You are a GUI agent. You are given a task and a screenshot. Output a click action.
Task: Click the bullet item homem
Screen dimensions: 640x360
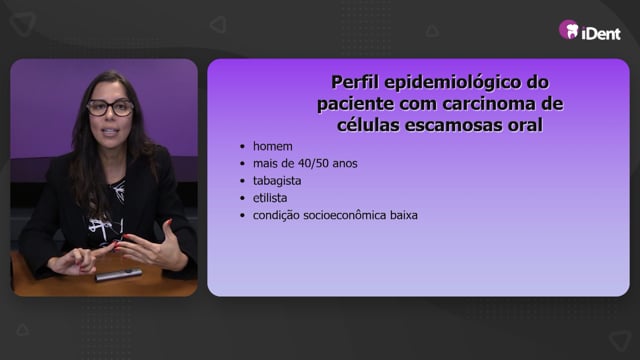(273, 146)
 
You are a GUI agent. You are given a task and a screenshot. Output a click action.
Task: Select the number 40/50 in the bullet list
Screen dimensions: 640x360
(314, 163)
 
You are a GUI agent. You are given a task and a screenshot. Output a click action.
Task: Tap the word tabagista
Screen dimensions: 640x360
(277, 181)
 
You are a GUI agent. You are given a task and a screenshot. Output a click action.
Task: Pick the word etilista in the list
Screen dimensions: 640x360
(270, 198)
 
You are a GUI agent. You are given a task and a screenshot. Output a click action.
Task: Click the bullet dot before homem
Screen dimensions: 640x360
(242, 147)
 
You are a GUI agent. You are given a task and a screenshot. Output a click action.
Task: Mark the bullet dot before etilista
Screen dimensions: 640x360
(242, 198)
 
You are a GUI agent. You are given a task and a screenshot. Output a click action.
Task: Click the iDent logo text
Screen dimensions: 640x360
(601, 33)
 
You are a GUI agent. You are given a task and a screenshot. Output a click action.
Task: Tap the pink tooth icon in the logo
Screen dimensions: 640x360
(569, 30)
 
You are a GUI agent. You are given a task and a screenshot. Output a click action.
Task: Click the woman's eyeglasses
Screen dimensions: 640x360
(110, 107)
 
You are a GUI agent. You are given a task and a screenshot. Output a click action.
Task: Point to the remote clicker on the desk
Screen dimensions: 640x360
(119, 275)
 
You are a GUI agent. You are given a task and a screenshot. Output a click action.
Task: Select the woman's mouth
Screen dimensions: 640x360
(111, 132)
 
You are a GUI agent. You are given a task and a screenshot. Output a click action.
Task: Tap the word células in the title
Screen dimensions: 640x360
(368, 124)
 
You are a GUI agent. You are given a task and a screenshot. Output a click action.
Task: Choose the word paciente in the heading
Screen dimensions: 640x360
(356, 104)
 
